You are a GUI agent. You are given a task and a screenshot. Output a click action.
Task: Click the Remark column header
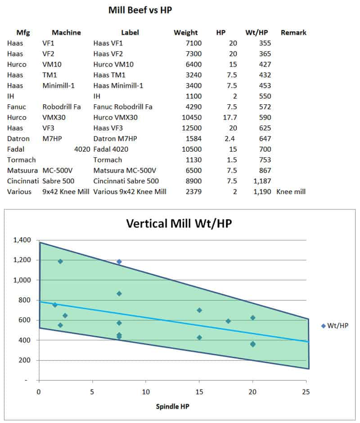(293, 32)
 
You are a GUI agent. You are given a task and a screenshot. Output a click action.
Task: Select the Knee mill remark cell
(291, 192)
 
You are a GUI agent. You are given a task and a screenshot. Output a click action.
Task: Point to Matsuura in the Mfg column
(21, 170)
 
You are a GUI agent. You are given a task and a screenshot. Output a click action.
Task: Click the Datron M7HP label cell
(115, 139)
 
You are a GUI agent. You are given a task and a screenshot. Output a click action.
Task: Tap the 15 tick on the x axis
(199, 392)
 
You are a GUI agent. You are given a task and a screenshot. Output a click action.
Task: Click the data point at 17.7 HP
(228, 321)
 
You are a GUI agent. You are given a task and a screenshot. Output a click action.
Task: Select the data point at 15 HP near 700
(199, 310)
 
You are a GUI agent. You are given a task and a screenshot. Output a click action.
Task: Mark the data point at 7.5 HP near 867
(119, 294)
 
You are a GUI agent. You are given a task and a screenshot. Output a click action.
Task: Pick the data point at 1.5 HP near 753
(55, 305)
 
